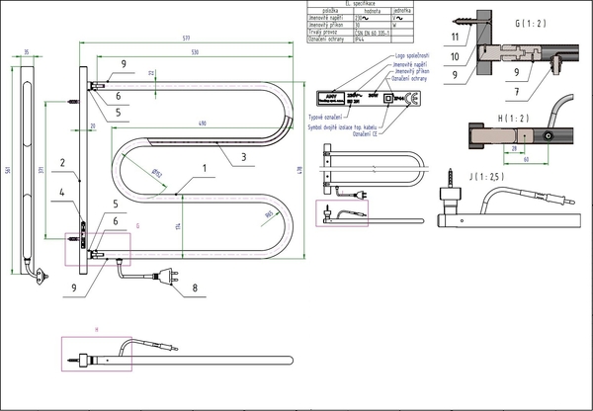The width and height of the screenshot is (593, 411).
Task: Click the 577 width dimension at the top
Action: point(185,38)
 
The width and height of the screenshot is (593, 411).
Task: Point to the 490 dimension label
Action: point(202,123)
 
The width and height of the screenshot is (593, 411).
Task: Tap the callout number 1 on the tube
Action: point(205,168)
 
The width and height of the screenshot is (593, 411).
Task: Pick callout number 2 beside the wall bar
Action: point(60,163)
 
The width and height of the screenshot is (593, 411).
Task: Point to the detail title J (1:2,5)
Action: point(458,177)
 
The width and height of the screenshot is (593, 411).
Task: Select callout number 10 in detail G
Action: point(454,56)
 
